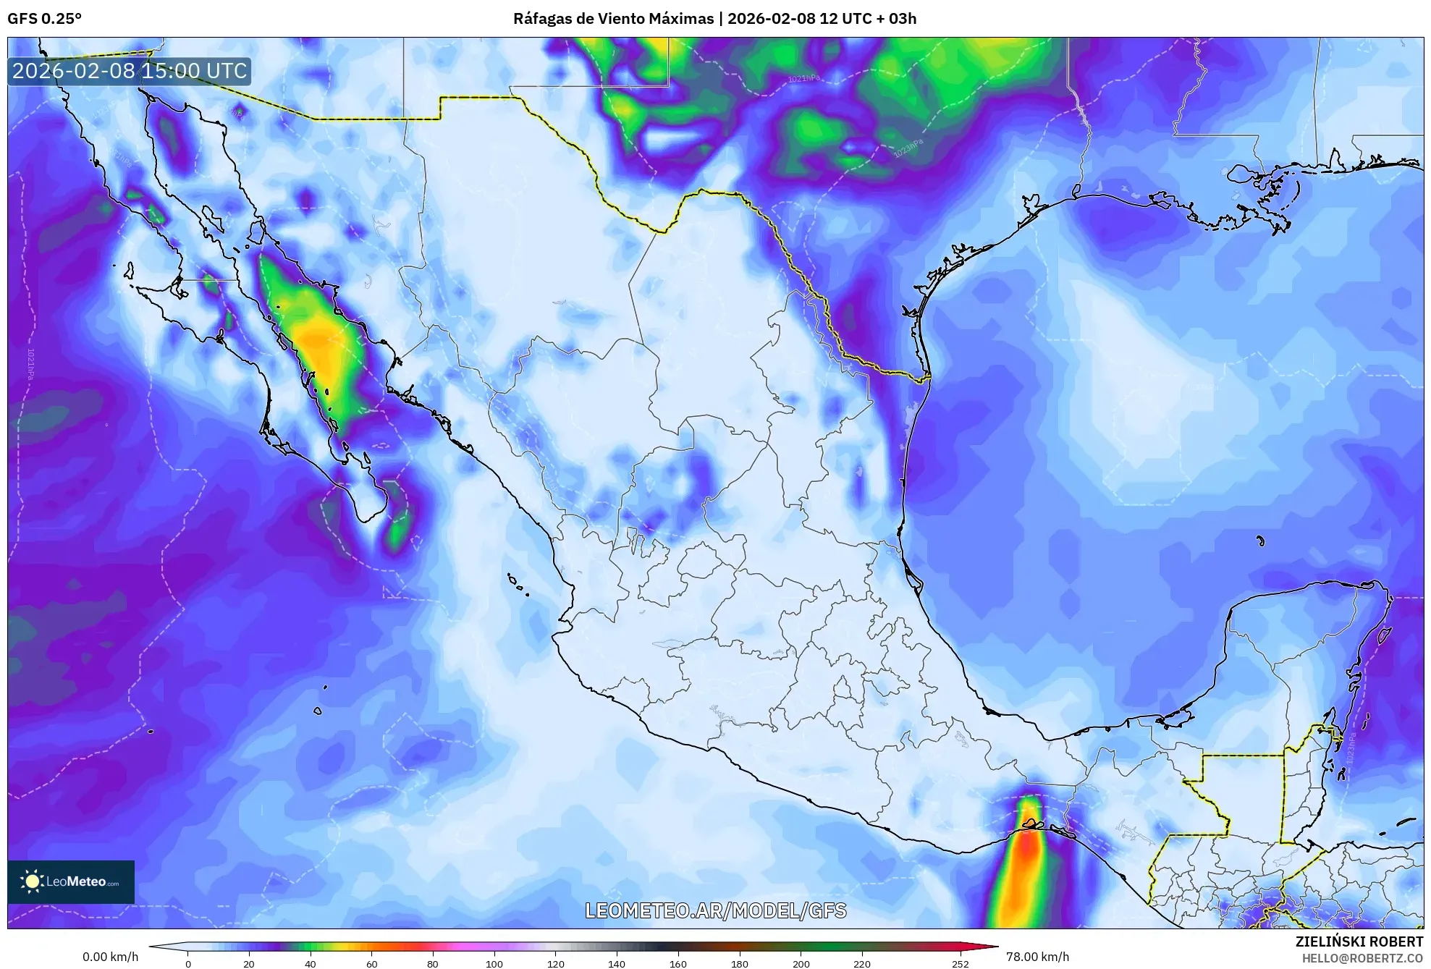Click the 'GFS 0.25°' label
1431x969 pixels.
44,19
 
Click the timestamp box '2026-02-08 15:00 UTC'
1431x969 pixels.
130,71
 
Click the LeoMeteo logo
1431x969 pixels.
71,881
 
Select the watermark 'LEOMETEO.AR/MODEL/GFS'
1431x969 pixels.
715,910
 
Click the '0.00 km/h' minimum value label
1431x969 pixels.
110,957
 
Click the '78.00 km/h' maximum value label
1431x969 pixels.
1037,957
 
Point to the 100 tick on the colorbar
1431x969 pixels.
494,964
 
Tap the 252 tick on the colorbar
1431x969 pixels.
960,964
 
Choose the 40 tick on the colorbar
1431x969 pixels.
311,964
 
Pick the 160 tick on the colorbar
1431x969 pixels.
678,964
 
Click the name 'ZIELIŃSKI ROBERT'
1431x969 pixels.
1359,942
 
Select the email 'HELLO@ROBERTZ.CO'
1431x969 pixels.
1362,958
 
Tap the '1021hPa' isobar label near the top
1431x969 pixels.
804,77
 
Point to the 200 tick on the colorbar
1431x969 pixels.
801,964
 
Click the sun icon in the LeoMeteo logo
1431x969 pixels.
32,881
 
